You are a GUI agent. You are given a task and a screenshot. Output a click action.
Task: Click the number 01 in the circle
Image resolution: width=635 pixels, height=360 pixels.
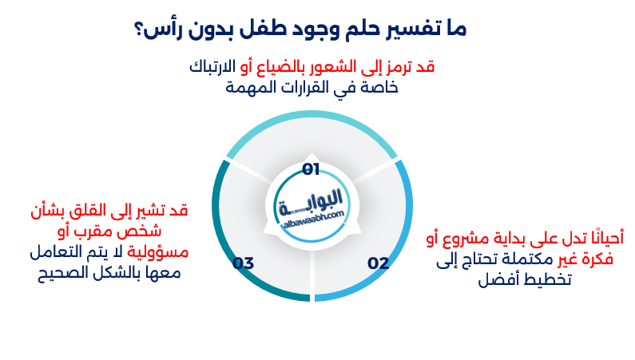(x=311, y=168)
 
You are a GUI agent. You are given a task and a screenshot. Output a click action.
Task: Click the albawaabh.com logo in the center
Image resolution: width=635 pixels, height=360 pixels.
(x=312, y=209)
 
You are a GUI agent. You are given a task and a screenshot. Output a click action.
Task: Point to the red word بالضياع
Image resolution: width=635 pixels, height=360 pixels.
(x=276, y=67)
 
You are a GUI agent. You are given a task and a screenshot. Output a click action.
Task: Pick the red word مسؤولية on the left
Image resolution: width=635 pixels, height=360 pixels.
(x=159, y=252)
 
